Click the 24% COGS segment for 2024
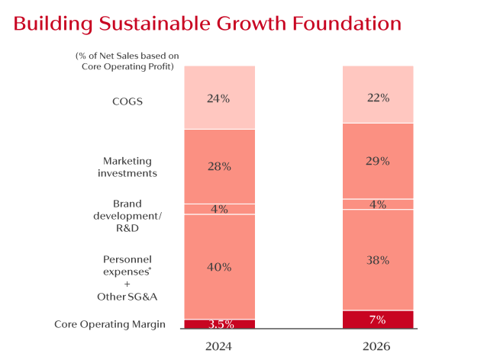219,98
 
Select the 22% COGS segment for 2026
378,95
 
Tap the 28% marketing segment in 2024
219,166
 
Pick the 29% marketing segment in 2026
378,161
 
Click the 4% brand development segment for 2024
219,209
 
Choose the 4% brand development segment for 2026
378,204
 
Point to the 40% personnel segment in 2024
219,267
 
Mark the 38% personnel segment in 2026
378,259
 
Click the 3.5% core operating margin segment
219,324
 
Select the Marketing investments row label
127,167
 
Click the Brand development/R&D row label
127,216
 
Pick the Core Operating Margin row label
110,325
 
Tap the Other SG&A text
127,297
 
